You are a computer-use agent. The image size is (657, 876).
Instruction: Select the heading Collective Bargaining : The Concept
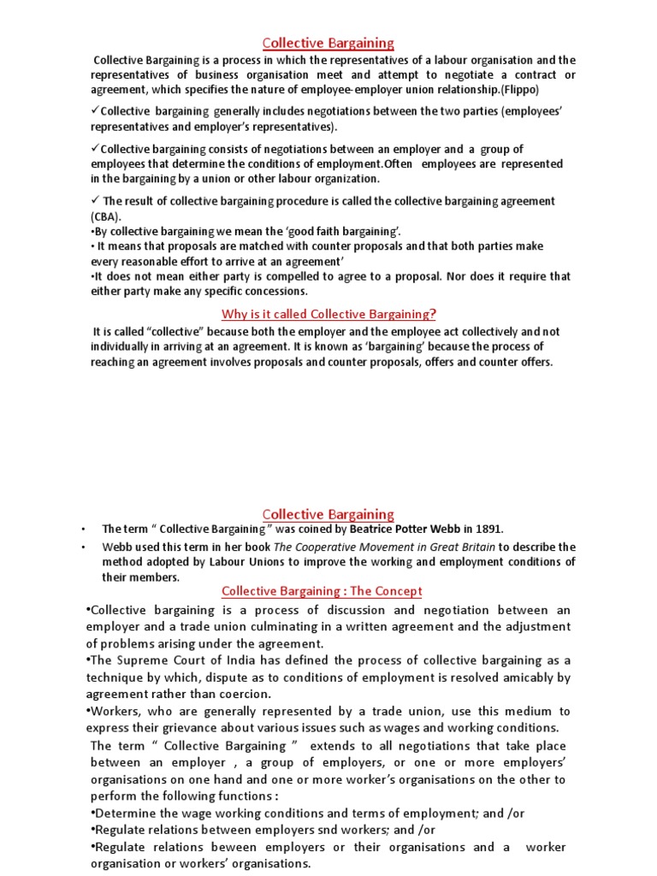point(322,591)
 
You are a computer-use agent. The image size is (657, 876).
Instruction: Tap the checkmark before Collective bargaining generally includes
point(95,110)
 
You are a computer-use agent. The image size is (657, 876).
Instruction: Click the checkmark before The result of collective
point(95,200)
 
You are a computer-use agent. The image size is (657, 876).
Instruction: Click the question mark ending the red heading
point(433,313)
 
